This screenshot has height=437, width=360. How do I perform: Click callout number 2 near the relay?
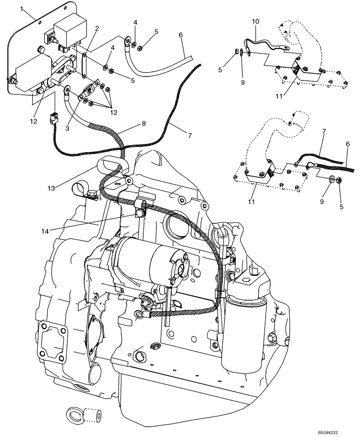click(x=97, y=29)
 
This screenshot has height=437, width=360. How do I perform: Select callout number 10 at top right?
click(x=256, y=21)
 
